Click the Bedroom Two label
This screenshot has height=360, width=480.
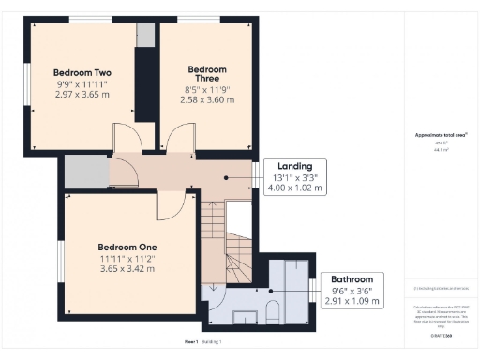click(x=82, y=72)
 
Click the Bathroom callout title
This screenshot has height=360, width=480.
click(x=352, y=279)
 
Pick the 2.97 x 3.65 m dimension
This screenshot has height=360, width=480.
click(x=82, y=95)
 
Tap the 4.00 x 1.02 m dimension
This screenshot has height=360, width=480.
click(x=295, y=187)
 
